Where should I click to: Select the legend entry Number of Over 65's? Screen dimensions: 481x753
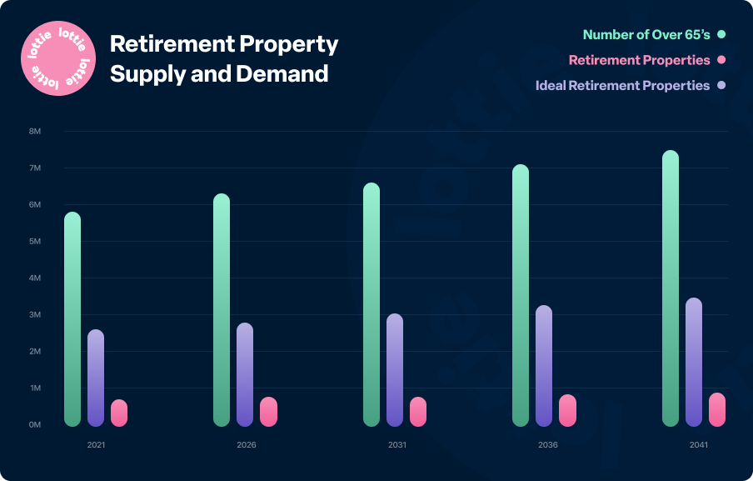(x=645, y=35)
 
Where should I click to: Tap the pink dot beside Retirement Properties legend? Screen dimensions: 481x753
(x=721, y=60)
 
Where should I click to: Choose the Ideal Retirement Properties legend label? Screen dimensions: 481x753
(x=622, y=86)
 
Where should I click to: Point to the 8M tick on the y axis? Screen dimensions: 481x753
(x=35, y=132)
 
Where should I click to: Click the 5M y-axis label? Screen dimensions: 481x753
(x=35, y=242)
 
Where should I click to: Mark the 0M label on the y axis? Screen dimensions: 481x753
(x=35, y=425)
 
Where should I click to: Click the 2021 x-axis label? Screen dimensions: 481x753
(x=96, y=445)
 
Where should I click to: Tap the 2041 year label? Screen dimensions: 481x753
(x=698, y=445)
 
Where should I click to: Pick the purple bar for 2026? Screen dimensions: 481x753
(x=245, y=374)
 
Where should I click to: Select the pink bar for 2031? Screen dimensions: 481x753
(x=418, y=412)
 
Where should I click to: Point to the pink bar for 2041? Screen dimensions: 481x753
(x=717, y=409)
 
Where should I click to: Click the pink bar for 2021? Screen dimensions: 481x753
(x=119, y=413)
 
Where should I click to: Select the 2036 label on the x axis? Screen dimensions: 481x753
(x=547, y=445)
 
